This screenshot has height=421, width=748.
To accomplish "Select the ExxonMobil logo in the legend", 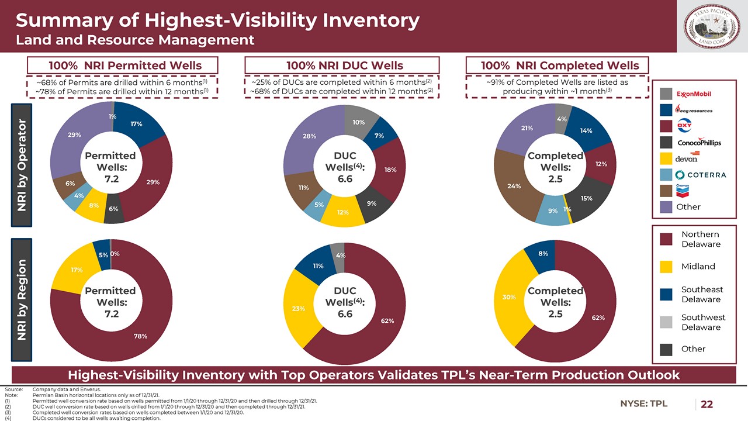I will pyautogui.click(x=694, y=94).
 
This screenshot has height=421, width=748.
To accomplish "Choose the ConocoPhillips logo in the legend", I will pyautogui.click(x=699, y=143).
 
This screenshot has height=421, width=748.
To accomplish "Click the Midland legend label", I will pyautogui.click(x=698, y=267).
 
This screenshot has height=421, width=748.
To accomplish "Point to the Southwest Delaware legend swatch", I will pyautogui.click(x=666, y=322).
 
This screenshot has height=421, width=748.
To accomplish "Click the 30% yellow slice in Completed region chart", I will pyautogui.click(x=508, y=297).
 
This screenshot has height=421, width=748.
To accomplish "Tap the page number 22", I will pyautogui.click(x=707, y=404).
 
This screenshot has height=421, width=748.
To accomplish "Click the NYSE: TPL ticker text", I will pyautogui.click(x=643, y=403).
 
